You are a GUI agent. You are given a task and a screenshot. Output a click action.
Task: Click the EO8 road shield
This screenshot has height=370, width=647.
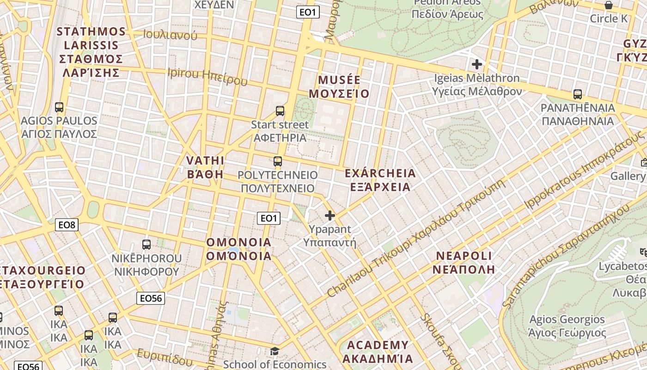pyautogui.click(x=67, y=225)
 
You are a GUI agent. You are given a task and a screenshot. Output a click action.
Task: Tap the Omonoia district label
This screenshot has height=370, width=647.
pyautogui.click(x=238, y=249)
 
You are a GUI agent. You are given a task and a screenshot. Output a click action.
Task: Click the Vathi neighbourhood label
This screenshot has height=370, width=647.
pyautogui.click(x=205, y=167)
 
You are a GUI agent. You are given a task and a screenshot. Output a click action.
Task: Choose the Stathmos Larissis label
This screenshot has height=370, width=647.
pyautogui.click(x=92, y=52)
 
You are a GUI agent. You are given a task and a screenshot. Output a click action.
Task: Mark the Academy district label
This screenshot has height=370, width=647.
pyautogui.click(x=378, y=352)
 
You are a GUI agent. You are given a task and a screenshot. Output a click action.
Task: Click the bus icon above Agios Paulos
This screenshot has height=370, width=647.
pyautogui.click(x=59, y=107)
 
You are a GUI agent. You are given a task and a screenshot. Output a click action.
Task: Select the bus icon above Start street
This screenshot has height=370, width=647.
pyautogui.click(x=280, y=111)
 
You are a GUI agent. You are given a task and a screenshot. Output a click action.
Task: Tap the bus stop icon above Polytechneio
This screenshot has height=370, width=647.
pyautogui.click(x=278, y=161)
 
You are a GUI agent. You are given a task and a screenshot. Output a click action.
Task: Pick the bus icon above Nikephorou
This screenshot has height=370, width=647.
pyautogui.click(x=146, y=245)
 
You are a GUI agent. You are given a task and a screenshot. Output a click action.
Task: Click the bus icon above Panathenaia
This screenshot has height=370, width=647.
pyautogui.click(x=578, y=94)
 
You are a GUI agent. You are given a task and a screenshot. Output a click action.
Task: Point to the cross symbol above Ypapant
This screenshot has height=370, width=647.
pyautogui.click(x=330, y=216)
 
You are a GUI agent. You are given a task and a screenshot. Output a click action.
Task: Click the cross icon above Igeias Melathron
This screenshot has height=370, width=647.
pyautogui.click(x=477, y=64)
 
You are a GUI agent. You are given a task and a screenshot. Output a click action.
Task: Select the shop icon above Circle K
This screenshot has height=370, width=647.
pyautogui.click(x=609, y=5)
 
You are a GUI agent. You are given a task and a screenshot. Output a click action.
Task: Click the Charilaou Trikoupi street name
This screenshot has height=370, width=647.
pyautogui.click(x=416, y=238)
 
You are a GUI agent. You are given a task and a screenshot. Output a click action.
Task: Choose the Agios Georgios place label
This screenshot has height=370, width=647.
pyautogui.click(x=567, y=326)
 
